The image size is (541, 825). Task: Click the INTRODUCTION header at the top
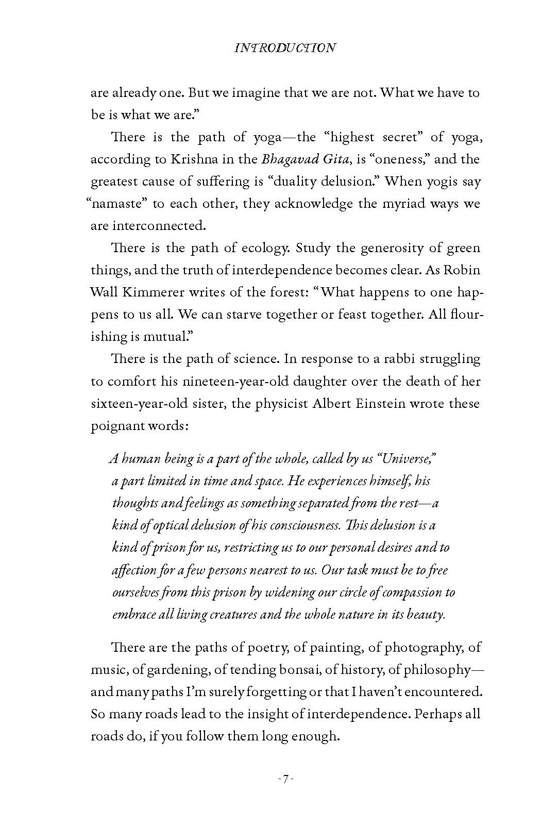[x=285, y=48]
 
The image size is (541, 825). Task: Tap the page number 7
[x=285, y=779]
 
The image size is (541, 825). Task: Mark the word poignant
[x=116, y=426]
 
